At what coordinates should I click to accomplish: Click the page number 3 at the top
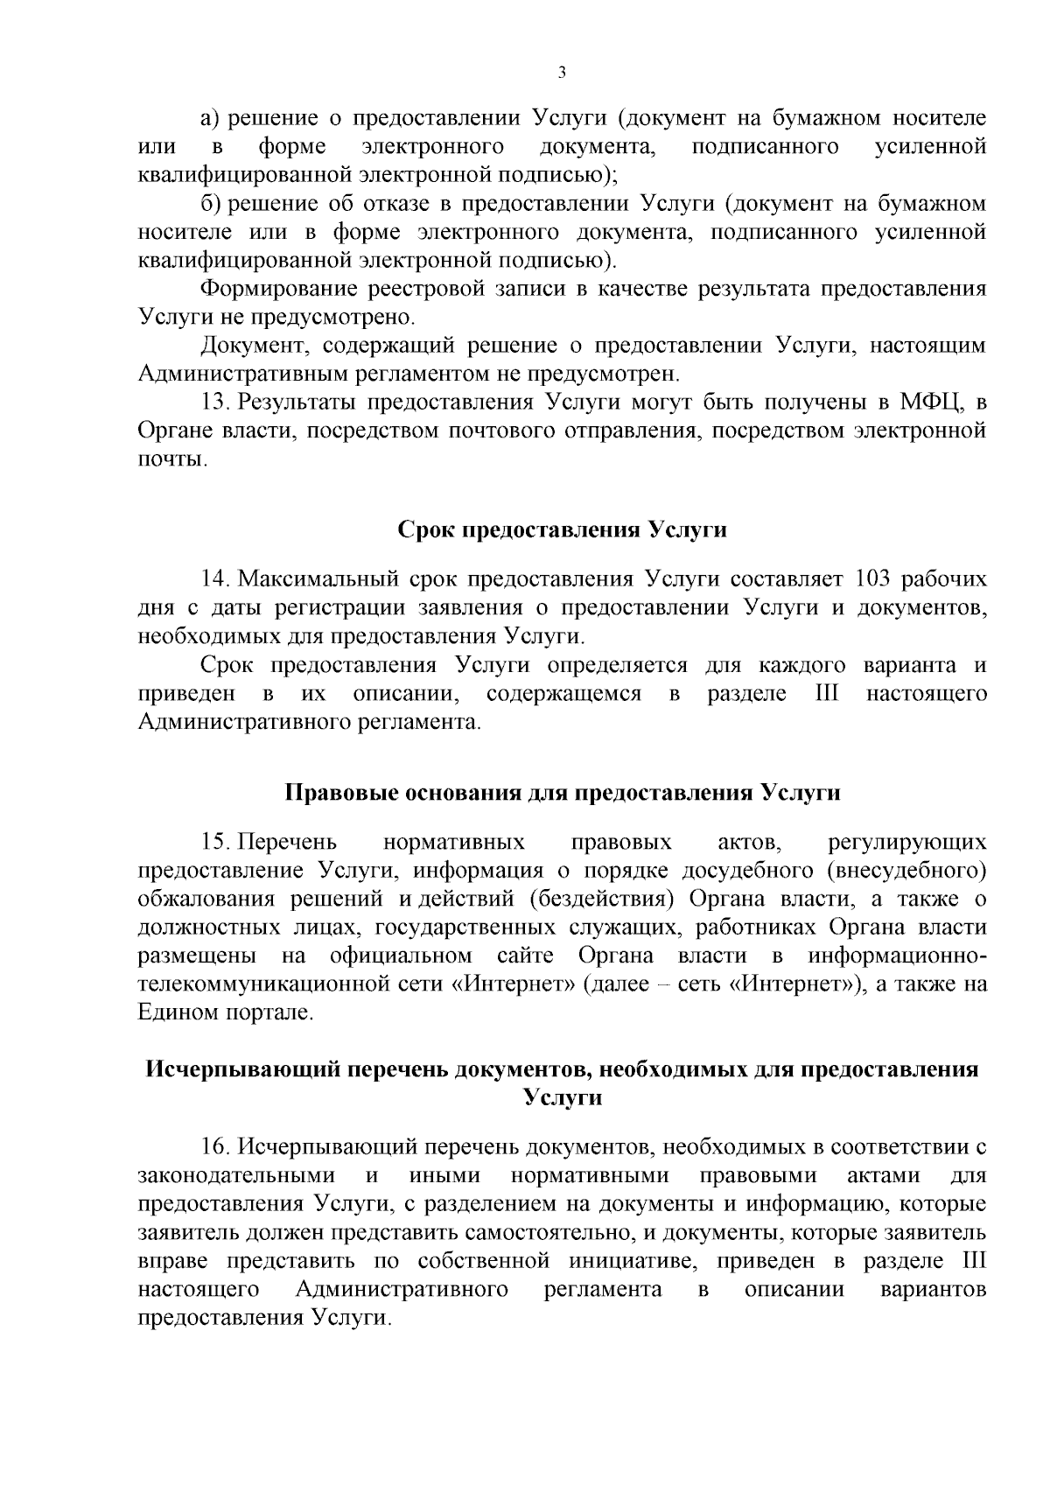click(x=562, y=74)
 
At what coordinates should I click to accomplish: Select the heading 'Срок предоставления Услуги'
click(x=563, y=530)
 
